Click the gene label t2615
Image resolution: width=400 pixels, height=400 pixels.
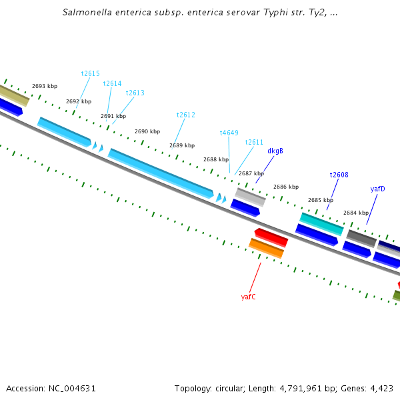90,73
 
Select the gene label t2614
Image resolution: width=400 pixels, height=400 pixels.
112,83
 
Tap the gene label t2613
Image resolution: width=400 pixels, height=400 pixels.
135,93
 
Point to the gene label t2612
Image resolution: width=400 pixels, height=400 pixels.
185,115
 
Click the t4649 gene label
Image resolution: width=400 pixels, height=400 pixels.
229,133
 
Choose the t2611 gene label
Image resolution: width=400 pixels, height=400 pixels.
254,142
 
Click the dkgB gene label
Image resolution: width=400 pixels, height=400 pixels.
275,151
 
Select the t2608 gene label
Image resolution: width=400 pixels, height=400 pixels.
339,175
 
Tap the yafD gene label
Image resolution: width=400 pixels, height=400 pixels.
377,189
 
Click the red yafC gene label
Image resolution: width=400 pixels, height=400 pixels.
248,297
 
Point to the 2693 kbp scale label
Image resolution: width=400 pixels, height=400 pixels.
45,86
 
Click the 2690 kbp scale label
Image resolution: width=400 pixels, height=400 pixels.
147,131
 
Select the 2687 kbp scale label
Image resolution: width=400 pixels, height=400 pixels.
251,173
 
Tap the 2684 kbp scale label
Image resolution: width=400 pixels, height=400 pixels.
355,213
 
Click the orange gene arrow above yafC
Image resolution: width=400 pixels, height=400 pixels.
267,248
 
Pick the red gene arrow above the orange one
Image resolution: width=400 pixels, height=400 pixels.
271,236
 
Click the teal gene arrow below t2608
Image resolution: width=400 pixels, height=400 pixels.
321,223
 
